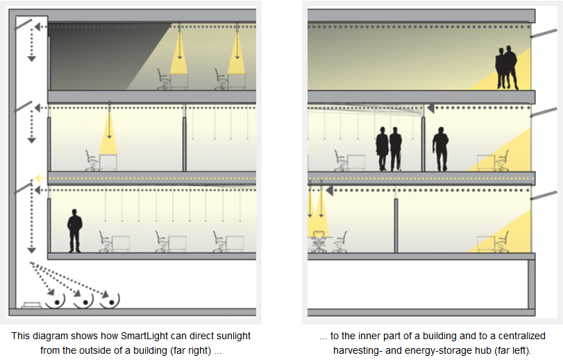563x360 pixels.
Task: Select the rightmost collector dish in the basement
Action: coord(110,300)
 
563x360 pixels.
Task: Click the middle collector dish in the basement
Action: coord(83,300)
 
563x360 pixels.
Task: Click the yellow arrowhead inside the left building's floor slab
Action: coord(38,178)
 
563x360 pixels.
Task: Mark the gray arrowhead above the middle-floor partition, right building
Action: coord(430,108)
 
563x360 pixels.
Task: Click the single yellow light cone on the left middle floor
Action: coord(109,135)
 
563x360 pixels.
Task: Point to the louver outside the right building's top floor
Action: coord(541,32)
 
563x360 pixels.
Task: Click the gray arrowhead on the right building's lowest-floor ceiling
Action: coord(330,189)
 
